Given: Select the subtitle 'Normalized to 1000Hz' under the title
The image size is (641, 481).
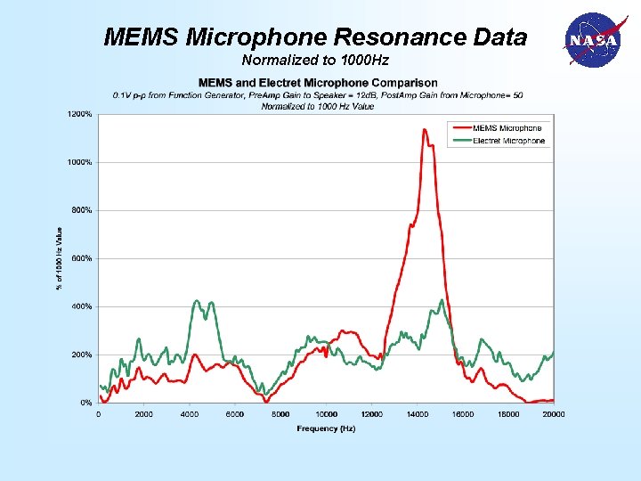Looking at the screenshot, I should (x=315, y=61).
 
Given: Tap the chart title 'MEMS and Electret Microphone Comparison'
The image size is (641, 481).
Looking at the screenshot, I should (x=317, y=83).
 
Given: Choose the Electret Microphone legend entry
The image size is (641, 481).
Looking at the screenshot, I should (x=508, y=141).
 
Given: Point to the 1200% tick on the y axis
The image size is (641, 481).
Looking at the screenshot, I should (x=80, y=114).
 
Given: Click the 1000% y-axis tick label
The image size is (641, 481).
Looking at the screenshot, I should (x=80, y=162).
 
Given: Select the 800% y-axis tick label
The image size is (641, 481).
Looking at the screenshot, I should (x=82, y=210).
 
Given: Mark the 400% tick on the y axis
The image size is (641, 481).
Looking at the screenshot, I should (x=82, y=306).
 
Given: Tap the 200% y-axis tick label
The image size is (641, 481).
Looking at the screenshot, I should (x=82, y=355).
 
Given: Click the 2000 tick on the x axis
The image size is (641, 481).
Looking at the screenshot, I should (x=143, y=413).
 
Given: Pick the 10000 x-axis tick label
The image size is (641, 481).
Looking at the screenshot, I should (x=326, y=413).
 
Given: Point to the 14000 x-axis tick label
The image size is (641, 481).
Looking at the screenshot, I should (x=417, y=413).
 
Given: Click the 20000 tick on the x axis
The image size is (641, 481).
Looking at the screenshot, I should (x=553, y=413).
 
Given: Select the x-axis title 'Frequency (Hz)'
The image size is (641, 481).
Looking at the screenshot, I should (x=326, y=428).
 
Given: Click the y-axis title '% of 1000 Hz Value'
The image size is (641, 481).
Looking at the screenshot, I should (x=60, y=258).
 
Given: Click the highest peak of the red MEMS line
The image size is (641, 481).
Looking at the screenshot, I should (x=425, y=130).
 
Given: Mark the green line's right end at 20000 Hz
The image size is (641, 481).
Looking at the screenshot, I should (x=553, y=353).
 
